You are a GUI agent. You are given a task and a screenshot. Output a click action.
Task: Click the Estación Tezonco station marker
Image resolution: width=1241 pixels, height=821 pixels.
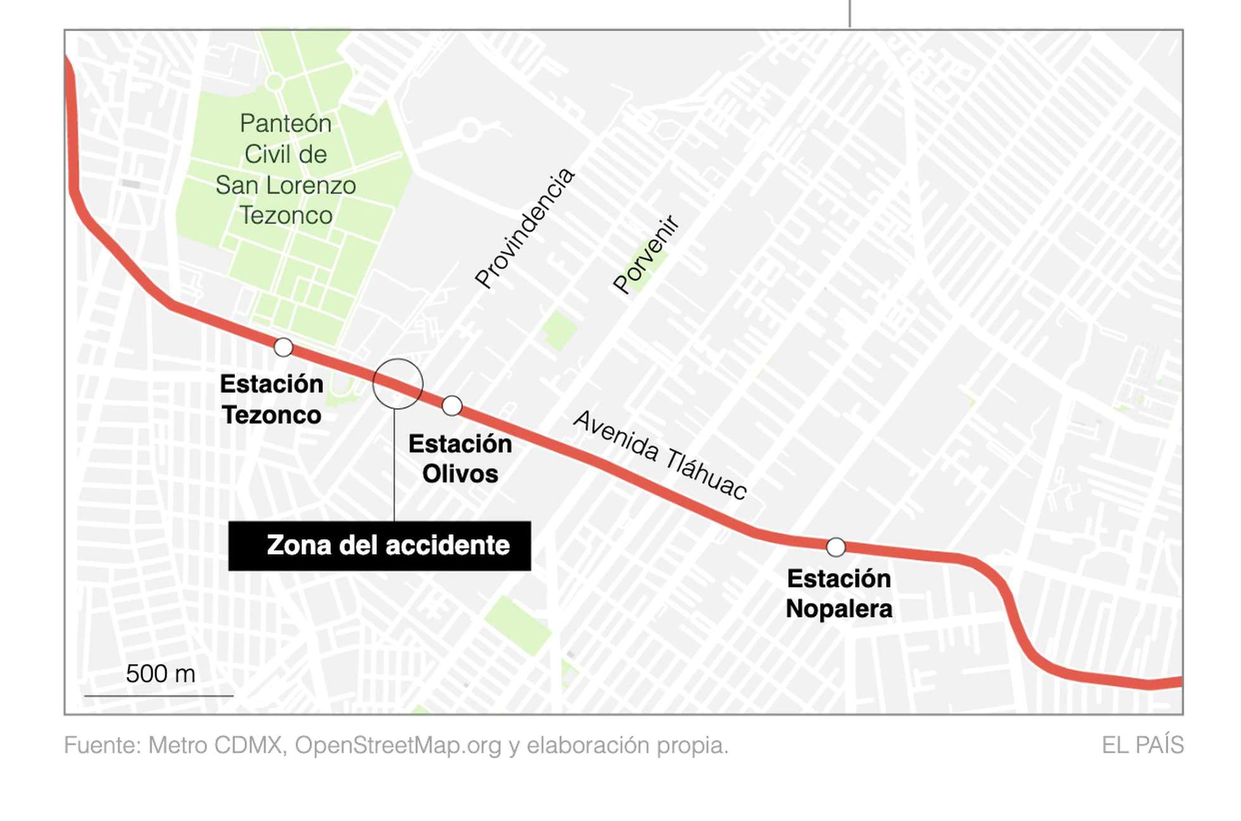pos(283,347)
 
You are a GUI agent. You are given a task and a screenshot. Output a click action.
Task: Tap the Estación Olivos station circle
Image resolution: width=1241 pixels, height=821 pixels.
pos(452,406)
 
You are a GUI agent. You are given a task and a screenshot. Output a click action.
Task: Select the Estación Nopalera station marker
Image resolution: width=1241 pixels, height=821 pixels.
pos(836,547)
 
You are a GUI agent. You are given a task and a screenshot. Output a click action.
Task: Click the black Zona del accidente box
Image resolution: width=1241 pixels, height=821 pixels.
pos(379,546)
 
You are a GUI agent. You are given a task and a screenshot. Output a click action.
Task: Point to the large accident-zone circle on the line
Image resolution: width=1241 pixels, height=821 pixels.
pos(398,384)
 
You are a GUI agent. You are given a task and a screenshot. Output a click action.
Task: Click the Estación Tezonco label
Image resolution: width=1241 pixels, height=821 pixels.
pos(272,399)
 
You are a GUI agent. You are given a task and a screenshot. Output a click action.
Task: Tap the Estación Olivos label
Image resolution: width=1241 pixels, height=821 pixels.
pos(460,458)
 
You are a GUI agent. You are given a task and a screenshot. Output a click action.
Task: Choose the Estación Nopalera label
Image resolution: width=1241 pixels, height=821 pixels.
pos(839,594)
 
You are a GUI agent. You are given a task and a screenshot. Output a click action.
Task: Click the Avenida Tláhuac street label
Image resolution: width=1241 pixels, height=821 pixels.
pos(660,454)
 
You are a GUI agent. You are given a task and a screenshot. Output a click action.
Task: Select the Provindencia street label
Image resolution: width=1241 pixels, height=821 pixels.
pos(524,228)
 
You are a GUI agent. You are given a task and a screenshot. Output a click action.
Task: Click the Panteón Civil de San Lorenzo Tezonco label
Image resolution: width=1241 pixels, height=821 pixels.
pos(286,169)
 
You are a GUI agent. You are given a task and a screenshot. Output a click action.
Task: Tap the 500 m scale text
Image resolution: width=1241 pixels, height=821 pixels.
pos(160,674)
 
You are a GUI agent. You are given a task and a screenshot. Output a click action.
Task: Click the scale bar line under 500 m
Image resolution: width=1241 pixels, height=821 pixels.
pos(159,696)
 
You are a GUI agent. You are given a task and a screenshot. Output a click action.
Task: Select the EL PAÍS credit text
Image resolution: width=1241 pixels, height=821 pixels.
pos(1142,745)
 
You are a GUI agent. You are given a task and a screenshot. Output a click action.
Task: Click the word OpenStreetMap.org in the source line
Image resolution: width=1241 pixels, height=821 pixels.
pos(398,745)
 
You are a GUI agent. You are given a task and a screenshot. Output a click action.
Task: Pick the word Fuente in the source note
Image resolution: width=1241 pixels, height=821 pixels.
pos(102,745)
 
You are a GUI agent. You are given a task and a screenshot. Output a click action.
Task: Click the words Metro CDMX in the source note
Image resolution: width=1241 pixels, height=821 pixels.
pos(215,745)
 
